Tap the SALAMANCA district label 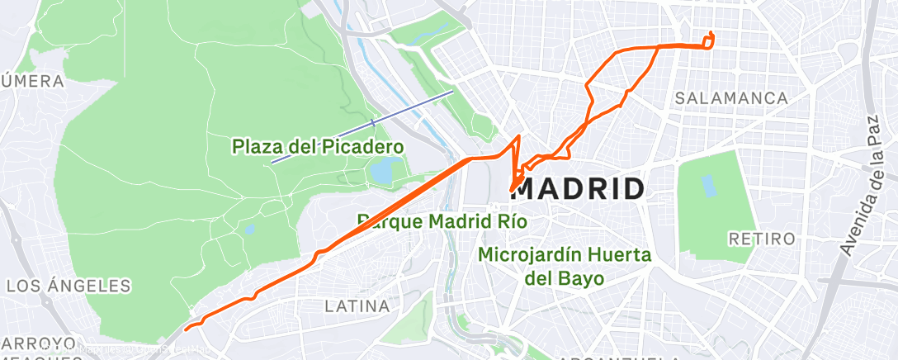pyautogui.click(x=730, y=98)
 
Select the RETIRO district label pyautogui.click(x=762, y=239)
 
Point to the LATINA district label pyautogui.click(x=357, y=306)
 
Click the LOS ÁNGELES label pyautogui.click(x=69, y=287)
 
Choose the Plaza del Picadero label pyautogui.click(x=318, y=147)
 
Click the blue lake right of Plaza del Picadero pyautogui.click(x=382, y=172)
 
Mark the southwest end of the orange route pyautogui.click(x=187, y=329)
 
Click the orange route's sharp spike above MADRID pyautogui.click(x=518, y=137)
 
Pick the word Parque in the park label pyautogui.click(x=385, y=222)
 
